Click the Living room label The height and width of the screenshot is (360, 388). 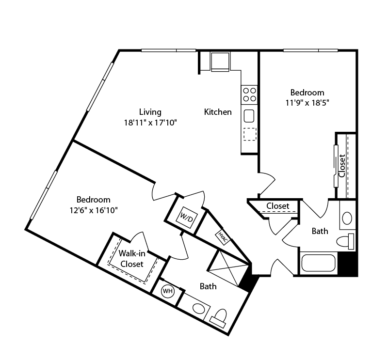[x=150, y=112]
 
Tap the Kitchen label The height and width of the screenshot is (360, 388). [x=218, y=112]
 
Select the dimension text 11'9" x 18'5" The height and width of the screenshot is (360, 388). [x=307, y=103]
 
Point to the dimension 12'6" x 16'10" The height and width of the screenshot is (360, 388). [x=94, y=210]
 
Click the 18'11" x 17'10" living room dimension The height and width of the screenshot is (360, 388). [x=150, y=123]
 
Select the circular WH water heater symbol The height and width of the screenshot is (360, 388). [x=167, y=291]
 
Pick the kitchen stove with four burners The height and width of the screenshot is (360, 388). [x=249, y=94]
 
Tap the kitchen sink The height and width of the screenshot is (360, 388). [x=249, y=116]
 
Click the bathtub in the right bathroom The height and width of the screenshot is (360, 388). [x=319, y=263]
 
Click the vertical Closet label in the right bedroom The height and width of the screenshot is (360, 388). [x=342, y=166]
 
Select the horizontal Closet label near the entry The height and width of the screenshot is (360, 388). [x=278, y=206]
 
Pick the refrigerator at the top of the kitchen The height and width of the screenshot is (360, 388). [x=220, y=62]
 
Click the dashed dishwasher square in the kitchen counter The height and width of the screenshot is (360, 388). [x=249, y=134]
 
